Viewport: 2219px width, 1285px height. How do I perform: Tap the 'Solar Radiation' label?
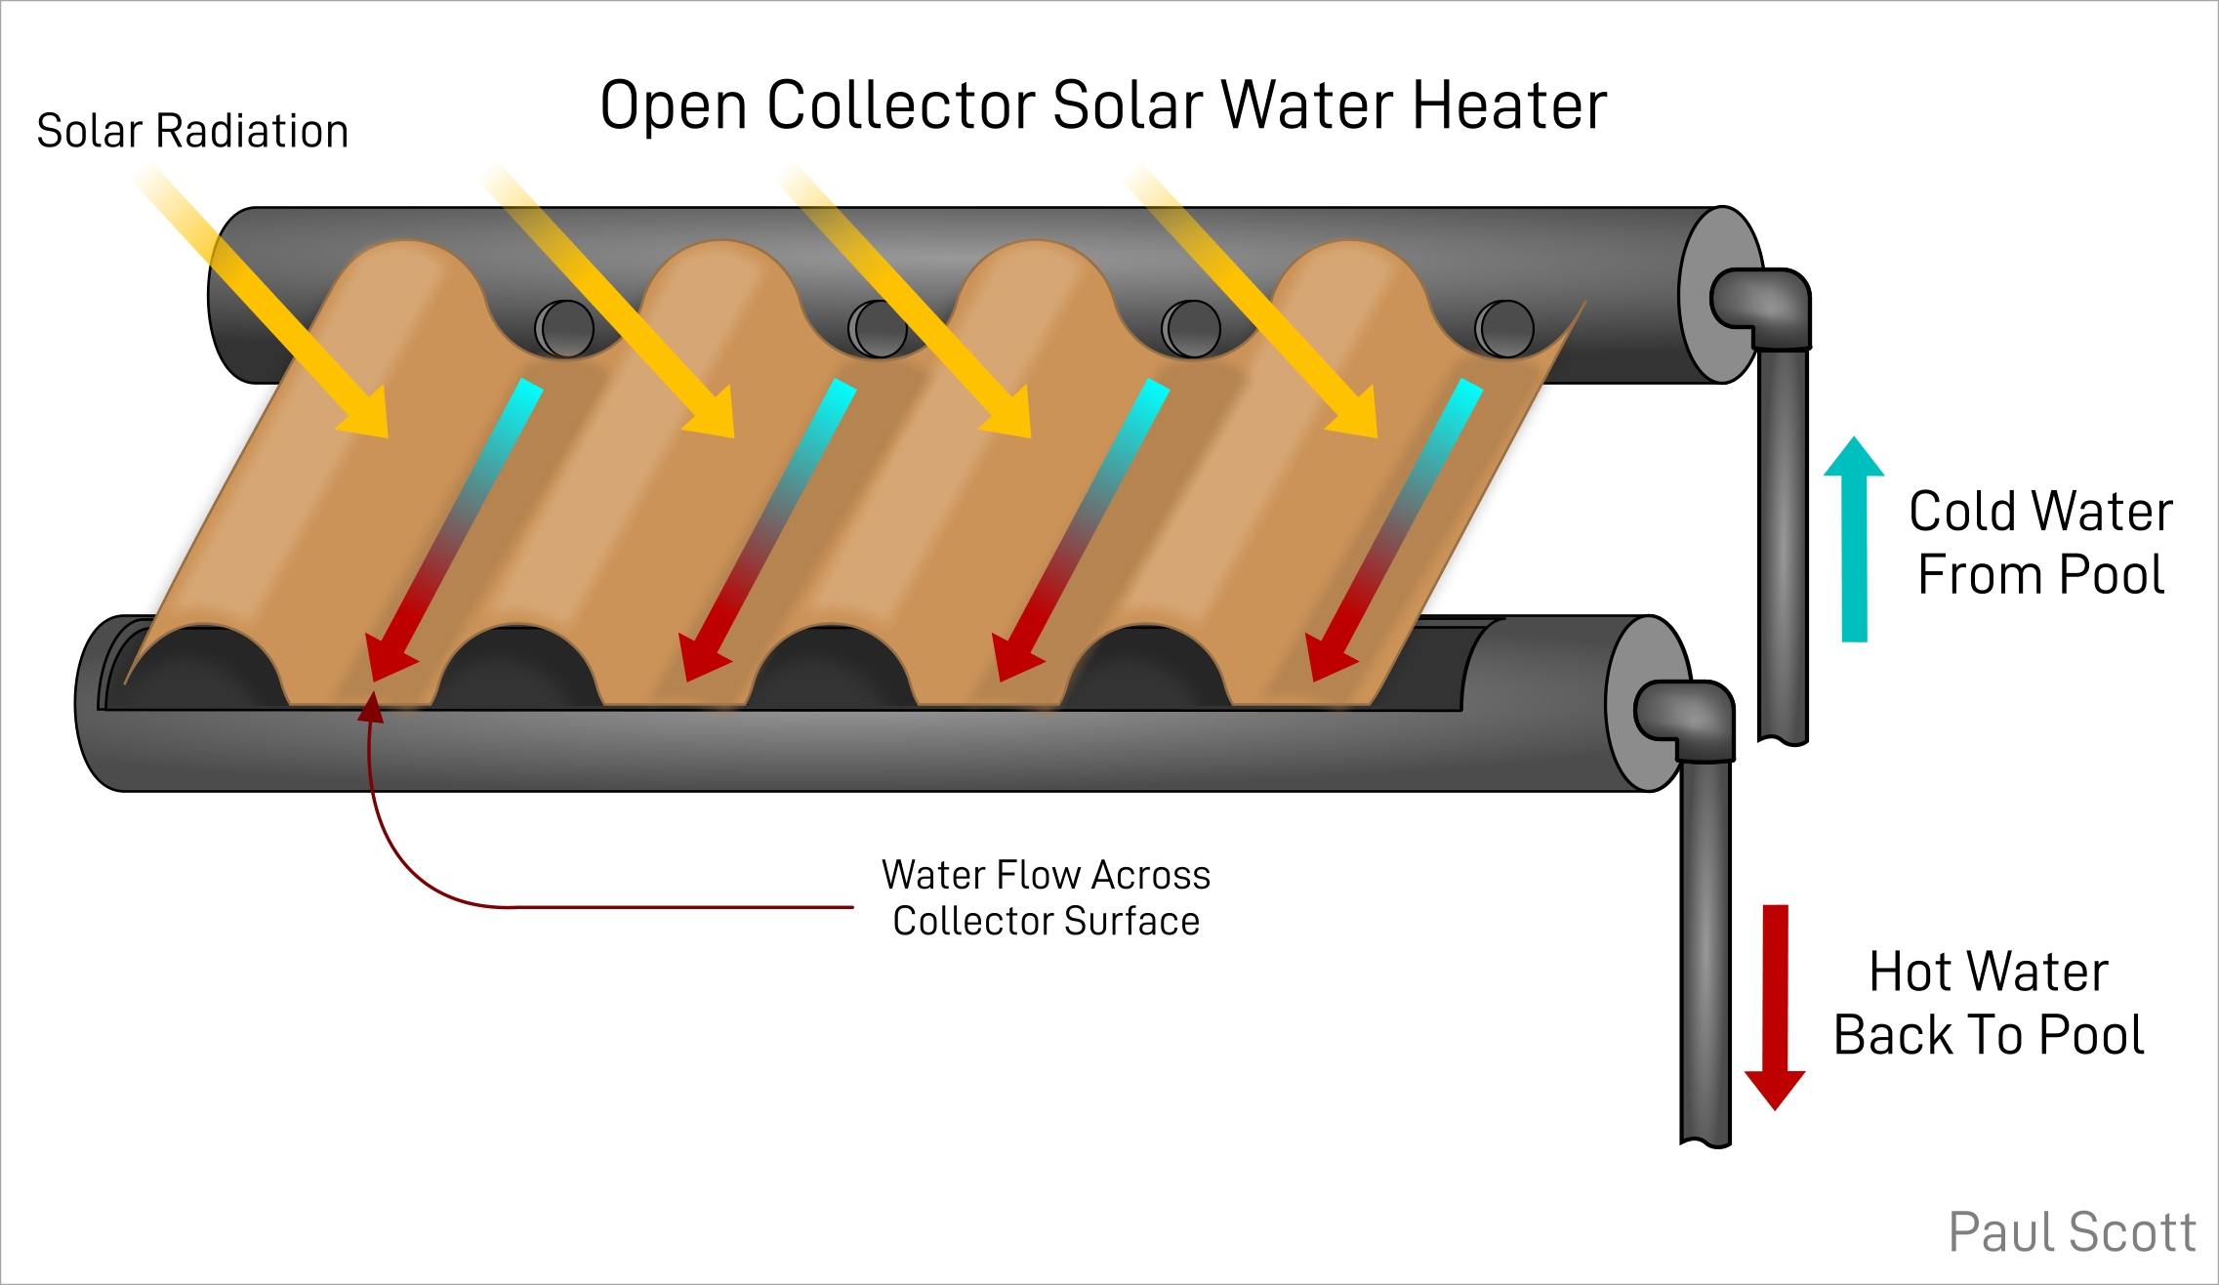(x=192, y=131)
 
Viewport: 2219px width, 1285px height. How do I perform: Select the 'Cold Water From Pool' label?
(x=2040, y=542)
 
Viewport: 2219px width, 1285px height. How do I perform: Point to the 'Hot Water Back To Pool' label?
(x=1990, y=1003)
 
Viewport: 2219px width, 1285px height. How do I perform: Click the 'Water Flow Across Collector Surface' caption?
(x=1046, y=897)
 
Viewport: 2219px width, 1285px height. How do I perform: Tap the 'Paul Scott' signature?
(x=2072, y=1232)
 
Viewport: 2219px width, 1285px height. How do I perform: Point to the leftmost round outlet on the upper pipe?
(x=565, y=328)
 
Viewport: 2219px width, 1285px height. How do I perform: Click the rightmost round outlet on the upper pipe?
(x=1504, y=328)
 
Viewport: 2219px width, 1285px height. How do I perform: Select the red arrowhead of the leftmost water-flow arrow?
(x=387, y=656)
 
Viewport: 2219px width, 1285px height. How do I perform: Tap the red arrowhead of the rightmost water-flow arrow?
(x=1328, y=656)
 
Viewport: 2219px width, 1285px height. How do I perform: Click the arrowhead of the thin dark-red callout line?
(x=371, y=708)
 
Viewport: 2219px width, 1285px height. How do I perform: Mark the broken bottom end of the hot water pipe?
(x=1705, y=1139)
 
